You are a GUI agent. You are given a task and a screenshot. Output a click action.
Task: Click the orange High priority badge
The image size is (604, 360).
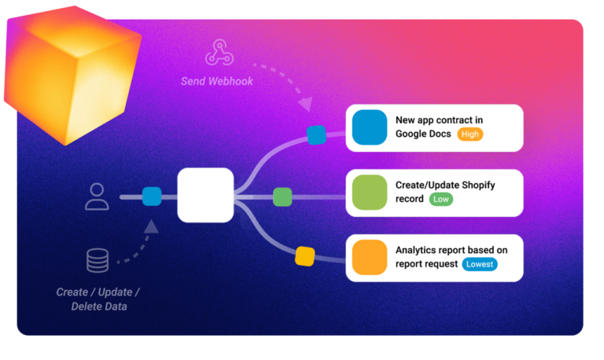pos(470,134)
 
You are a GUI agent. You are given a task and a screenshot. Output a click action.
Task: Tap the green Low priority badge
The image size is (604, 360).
pos(441,200)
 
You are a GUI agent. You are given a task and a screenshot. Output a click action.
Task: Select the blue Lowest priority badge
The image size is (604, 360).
pos(479,264)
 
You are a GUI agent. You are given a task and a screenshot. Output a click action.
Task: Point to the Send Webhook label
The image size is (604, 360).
pos(217,81)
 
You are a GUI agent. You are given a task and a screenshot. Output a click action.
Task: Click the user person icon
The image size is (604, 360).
pos(97,196)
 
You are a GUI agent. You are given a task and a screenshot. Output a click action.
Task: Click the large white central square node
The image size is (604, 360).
pos(205,194)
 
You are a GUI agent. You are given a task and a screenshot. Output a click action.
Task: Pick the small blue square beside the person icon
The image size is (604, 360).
pos(152,196)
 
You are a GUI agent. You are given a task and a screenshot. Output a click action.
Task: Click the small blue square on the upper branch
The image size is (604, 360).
pos(316,134)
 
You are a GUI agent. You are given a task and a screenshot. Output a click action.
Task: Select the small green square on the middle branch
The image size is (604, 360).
pos(282,197)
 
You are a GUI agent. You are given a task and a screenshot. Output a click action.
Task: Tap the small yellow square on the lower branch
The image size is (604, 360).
pos(304,256)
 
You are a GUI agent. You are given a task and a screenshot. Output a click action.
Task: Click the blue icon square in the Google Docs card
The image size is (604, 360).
pos(370,127)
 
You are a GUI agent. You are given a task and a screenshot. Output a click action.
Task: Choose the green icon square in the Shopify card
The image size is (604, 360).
pos(370,193)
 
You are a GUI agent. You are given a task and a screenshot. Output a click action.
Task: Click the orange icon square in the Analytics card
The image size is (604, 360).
pos(370,257)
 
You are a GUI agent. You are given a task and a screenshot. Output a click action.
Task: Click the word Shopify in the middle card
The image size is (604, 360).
pos(477,186)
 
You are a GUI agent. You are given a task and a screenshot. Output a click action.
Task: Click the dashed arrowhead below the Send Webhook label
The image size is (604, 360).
pos(306,104)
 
